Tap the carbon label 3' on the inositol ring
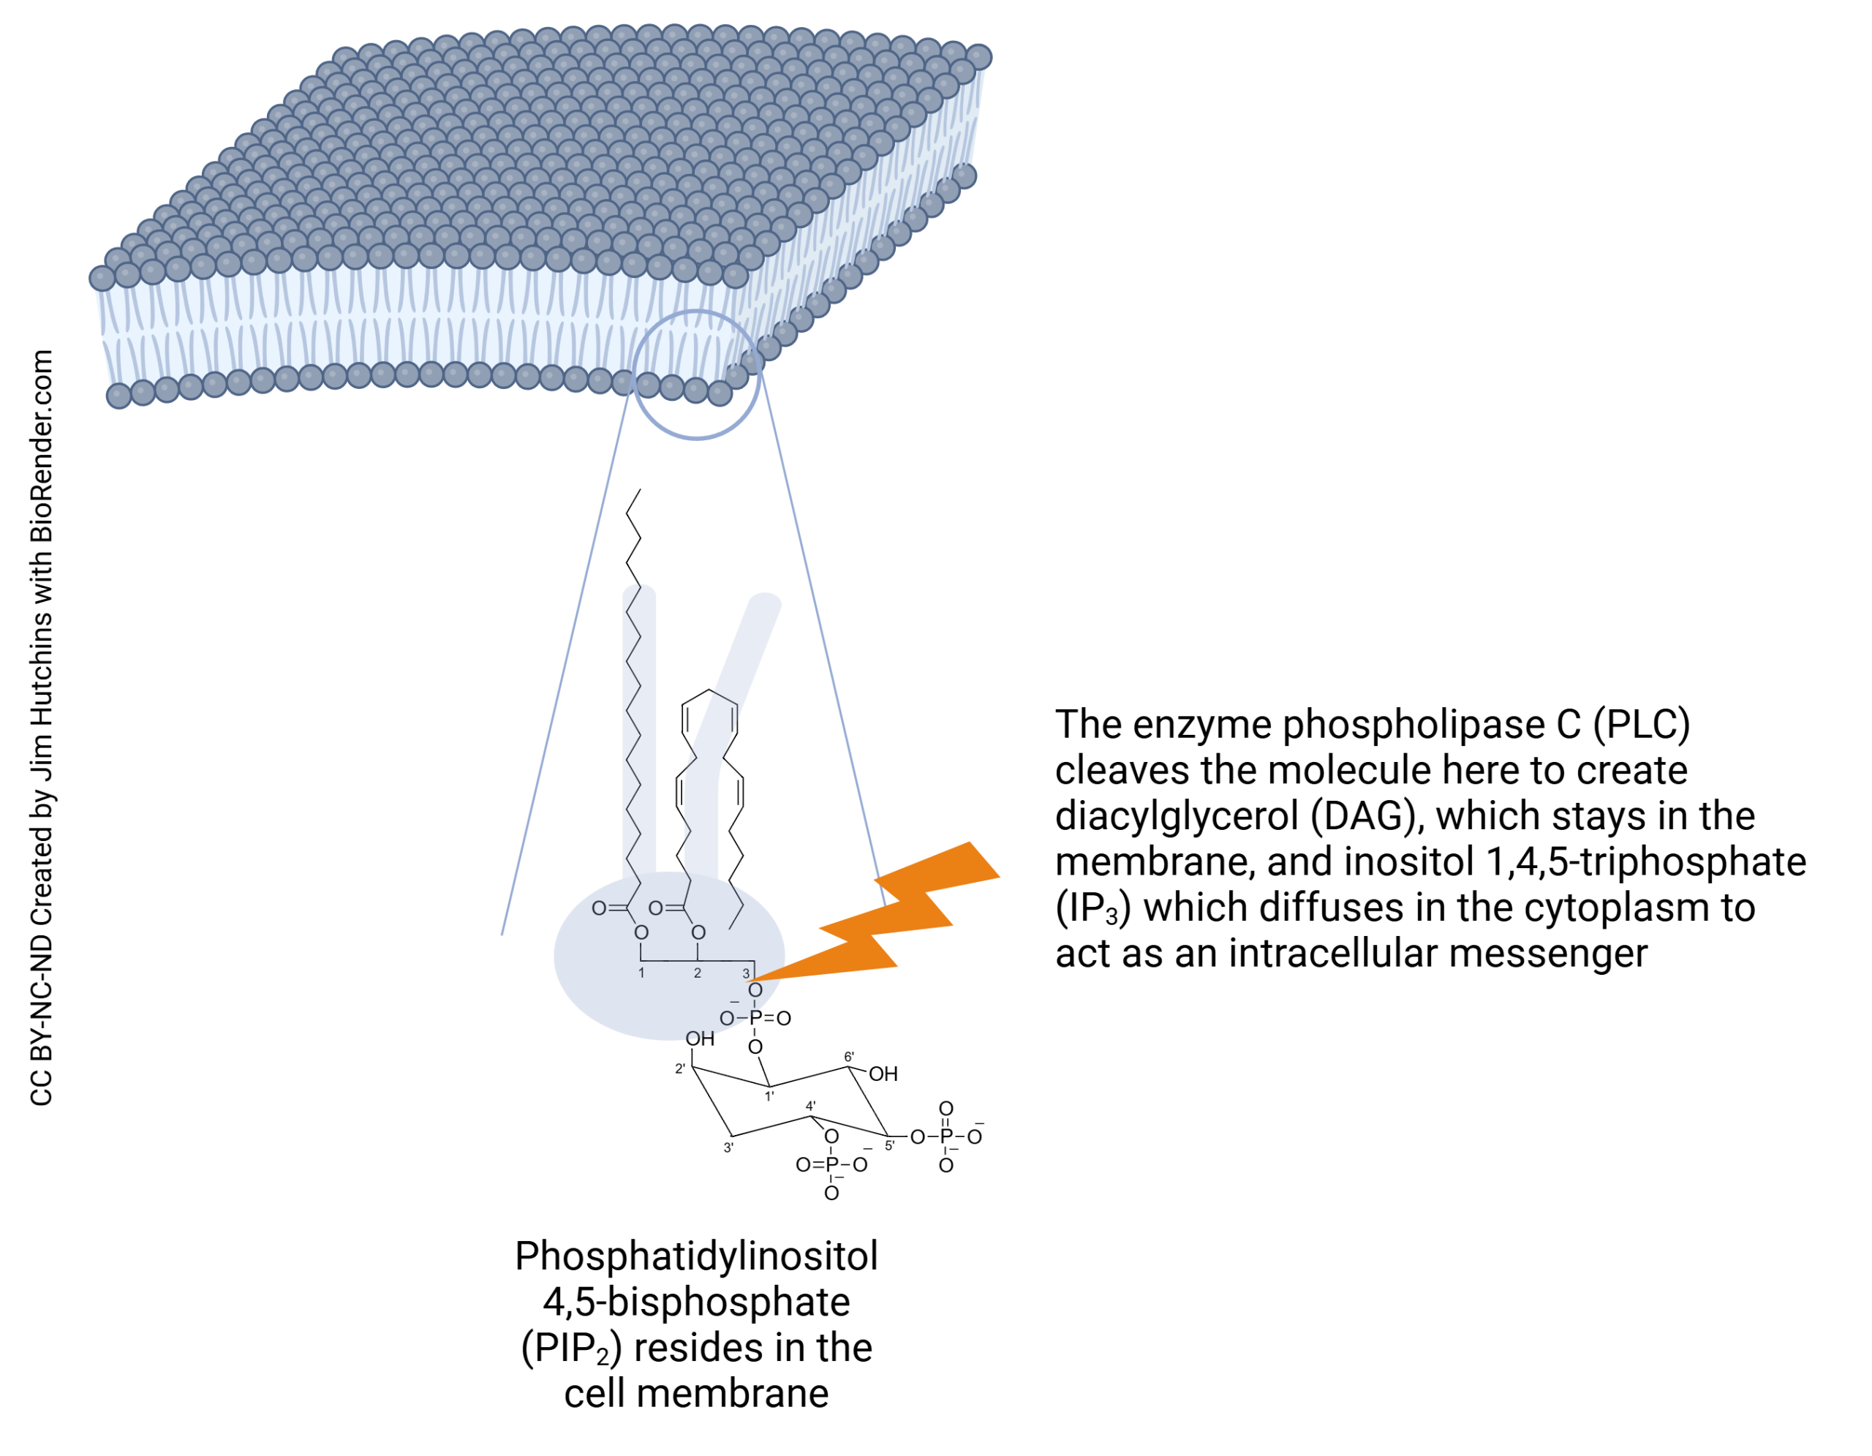coord(728,1147)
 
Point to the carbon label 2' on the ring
coord(680,1068)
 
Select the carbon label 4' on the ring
coord(811,1106)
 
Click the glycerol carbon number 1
coord(641,973)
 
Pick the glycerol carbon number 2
coord(698,973)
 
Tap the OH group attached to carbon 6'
coord(883,1074)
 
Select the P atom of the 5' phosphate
coord(946,1137)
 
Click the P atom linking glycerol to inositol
coord(755,1018)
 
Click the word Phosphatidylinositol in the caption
coord(696,1256)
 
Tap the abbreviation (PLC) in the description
coord(1641,725)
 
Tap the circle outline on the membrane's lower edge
coord(634,377)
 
